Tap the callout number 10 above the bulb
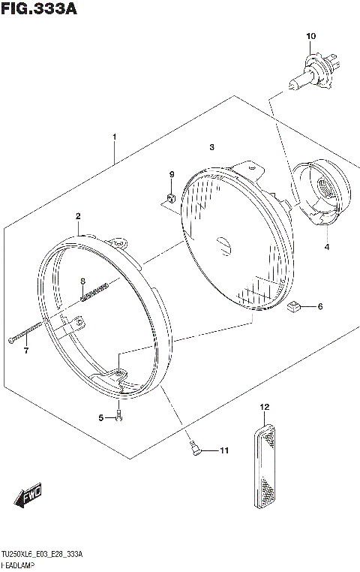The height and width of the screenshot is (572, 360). pyautogui.click(x=311, y=36)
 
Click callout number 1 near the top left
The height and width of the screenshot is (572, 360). pyautogui.click(x=114, y=137)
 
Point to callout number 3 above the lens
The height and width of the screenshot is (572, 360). pyautogui.click(x=212, y=147)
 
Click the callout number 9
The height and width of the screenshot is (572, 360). pyautogui.click(x=171, y=175)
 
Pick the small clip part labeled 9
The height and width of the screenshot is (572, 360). pyautogui.click(x=170, y=198)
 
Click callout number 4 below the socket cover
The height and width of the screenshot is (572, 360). pyautogui.click(x=326, y=246)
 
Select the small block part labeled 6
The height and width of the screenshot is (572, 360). pyautogui.click(x=295, y=306)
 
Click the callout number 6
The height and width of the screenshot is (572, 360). pyautogui.click(x=319, y=306)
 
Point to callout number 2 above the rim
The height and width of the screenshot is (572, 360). pyautogui.click(x=77, y=216)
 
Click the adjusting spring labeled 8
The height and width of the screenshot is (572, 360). pyautogui.click(x=95, y=289)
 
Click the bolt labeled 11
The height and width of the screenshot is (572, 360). pyautogui.click(x=193, y=448)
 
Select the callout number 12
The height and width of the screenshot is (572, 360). pyautogui.click(x=264, y=407)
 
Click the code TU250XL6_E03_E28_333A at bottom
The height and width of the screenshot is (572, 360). pyautogui.click(x=42, y=553)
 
